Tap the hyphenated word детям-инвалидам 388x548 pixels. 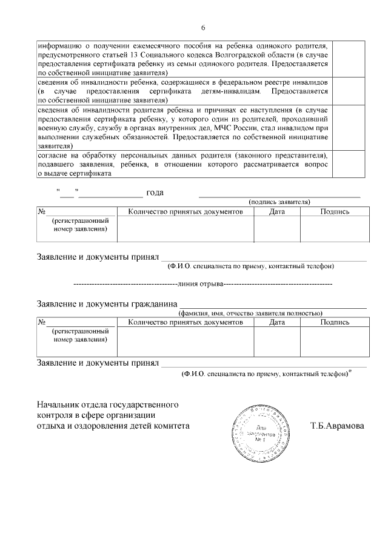click(x=234, y=91)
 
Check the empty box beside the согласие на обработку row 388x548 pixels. click(x=350, y=164)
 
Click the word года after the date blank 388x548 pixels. click(x=156, y=193)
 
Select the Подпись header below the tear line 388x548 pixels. click(x=335, y=322)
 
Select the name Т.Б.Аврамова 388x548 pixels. click(x=336, y=426)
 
